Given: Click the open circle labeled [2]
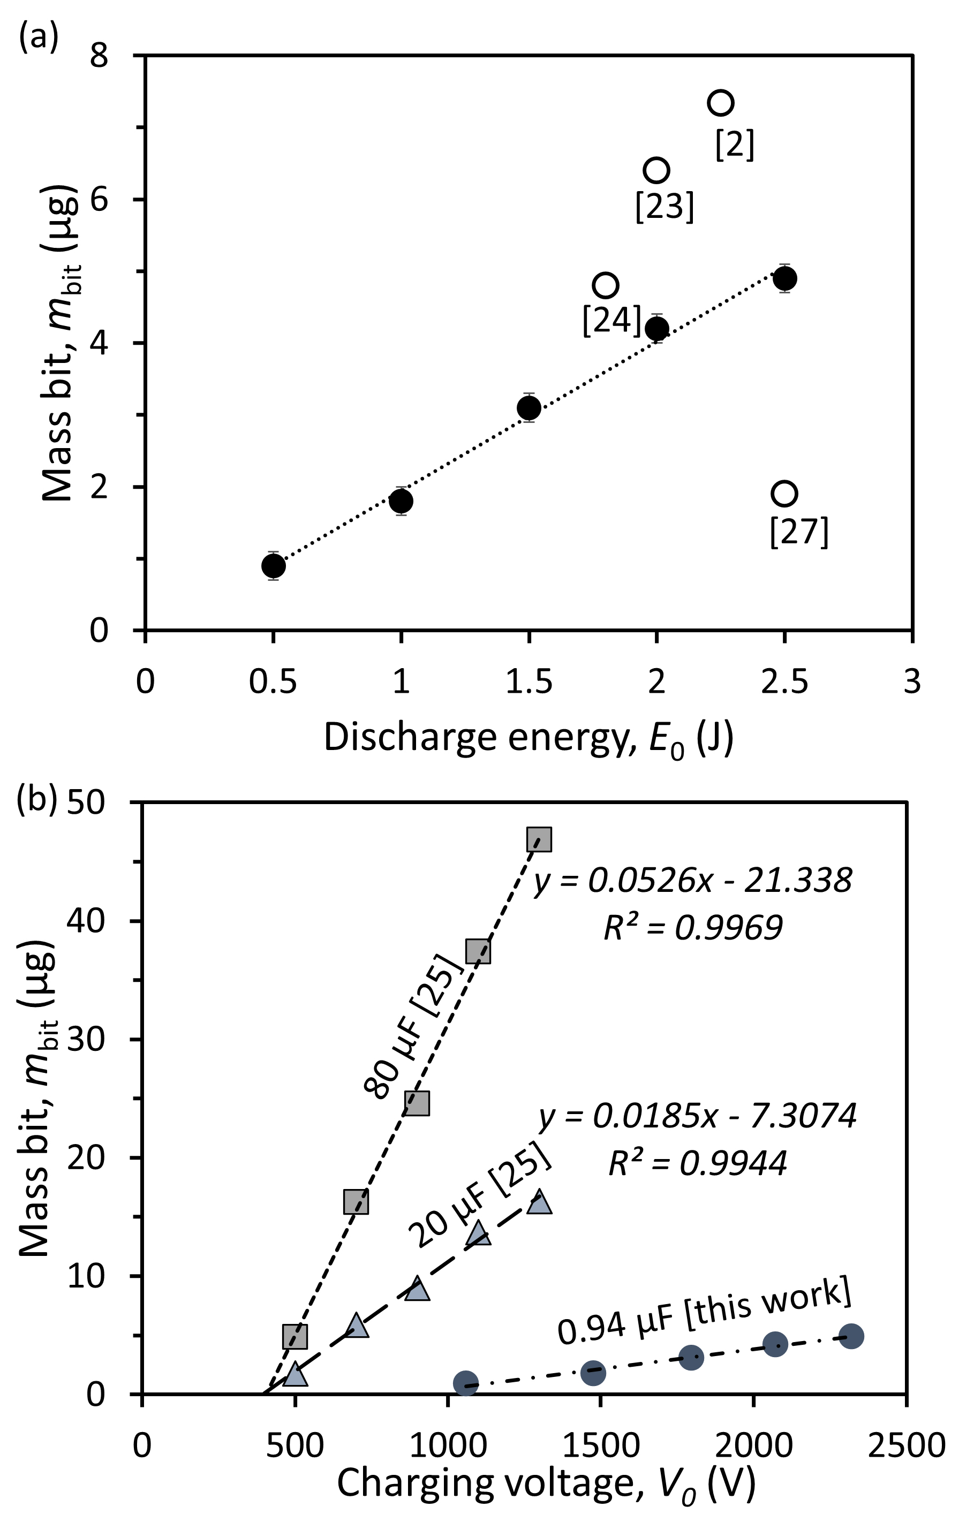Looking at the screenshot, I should tap(720, 102).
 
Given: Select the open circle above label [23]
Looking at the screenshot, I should tap(656, 170).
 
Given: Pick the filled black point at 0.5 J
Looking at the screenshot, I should tap(273, 566).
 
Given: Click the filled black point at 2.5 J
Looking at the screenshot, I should tap(785, 278).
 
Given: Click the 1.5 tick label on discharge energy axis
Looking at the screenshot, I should tap(528, 682).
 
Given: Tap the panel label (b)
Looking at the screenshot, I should tap(39, 799).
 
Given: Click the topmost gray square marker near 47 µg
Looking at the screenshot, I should tap(539, 839).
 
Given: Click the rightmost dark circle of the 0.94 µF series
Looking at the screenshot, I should tap(851, 1336).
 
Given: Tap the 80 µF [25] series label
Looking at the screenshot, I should tap(410, 1026).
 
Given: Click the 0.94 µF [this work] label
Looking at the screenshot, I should tap(704, 1310).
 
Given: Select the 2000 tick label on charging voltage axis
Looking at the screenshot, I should tap(753, 1428).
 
